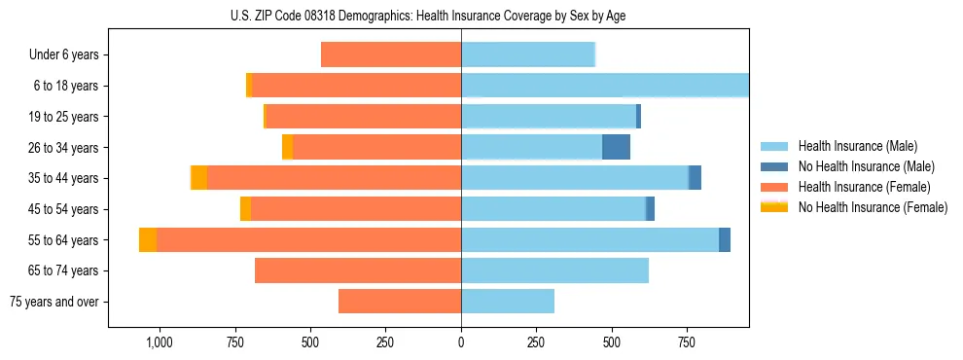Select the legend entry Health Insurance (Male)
[x=852, y=146]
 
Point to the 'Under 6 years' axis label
[x=64, y=55]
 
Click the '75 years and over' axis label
[x=54, y=302]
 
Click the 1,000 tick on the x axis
[x=159, y=342]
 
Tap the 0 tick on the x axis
[x=461, y=342]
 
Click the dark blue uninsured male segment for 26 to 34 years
[x=616, y=147]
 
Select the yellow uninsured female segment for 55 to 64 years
[x=148, y=239]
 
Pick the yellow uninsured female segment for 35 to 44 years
[x=198, y=178]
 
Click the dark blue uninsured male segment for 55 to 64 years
[x=725, y=239]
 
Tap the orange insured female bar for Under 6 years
[x=391, y=54]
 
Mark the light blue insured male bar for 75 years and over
[x=508, y=302]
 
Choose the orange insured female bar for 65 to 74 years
[x=358, y=270]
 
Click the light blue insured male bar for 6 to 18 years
[x=604, y=86]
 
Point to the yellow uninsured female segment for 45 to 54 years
[x=245, y=209]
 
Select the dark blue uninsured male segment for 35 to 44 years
[x=695, y=178]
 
